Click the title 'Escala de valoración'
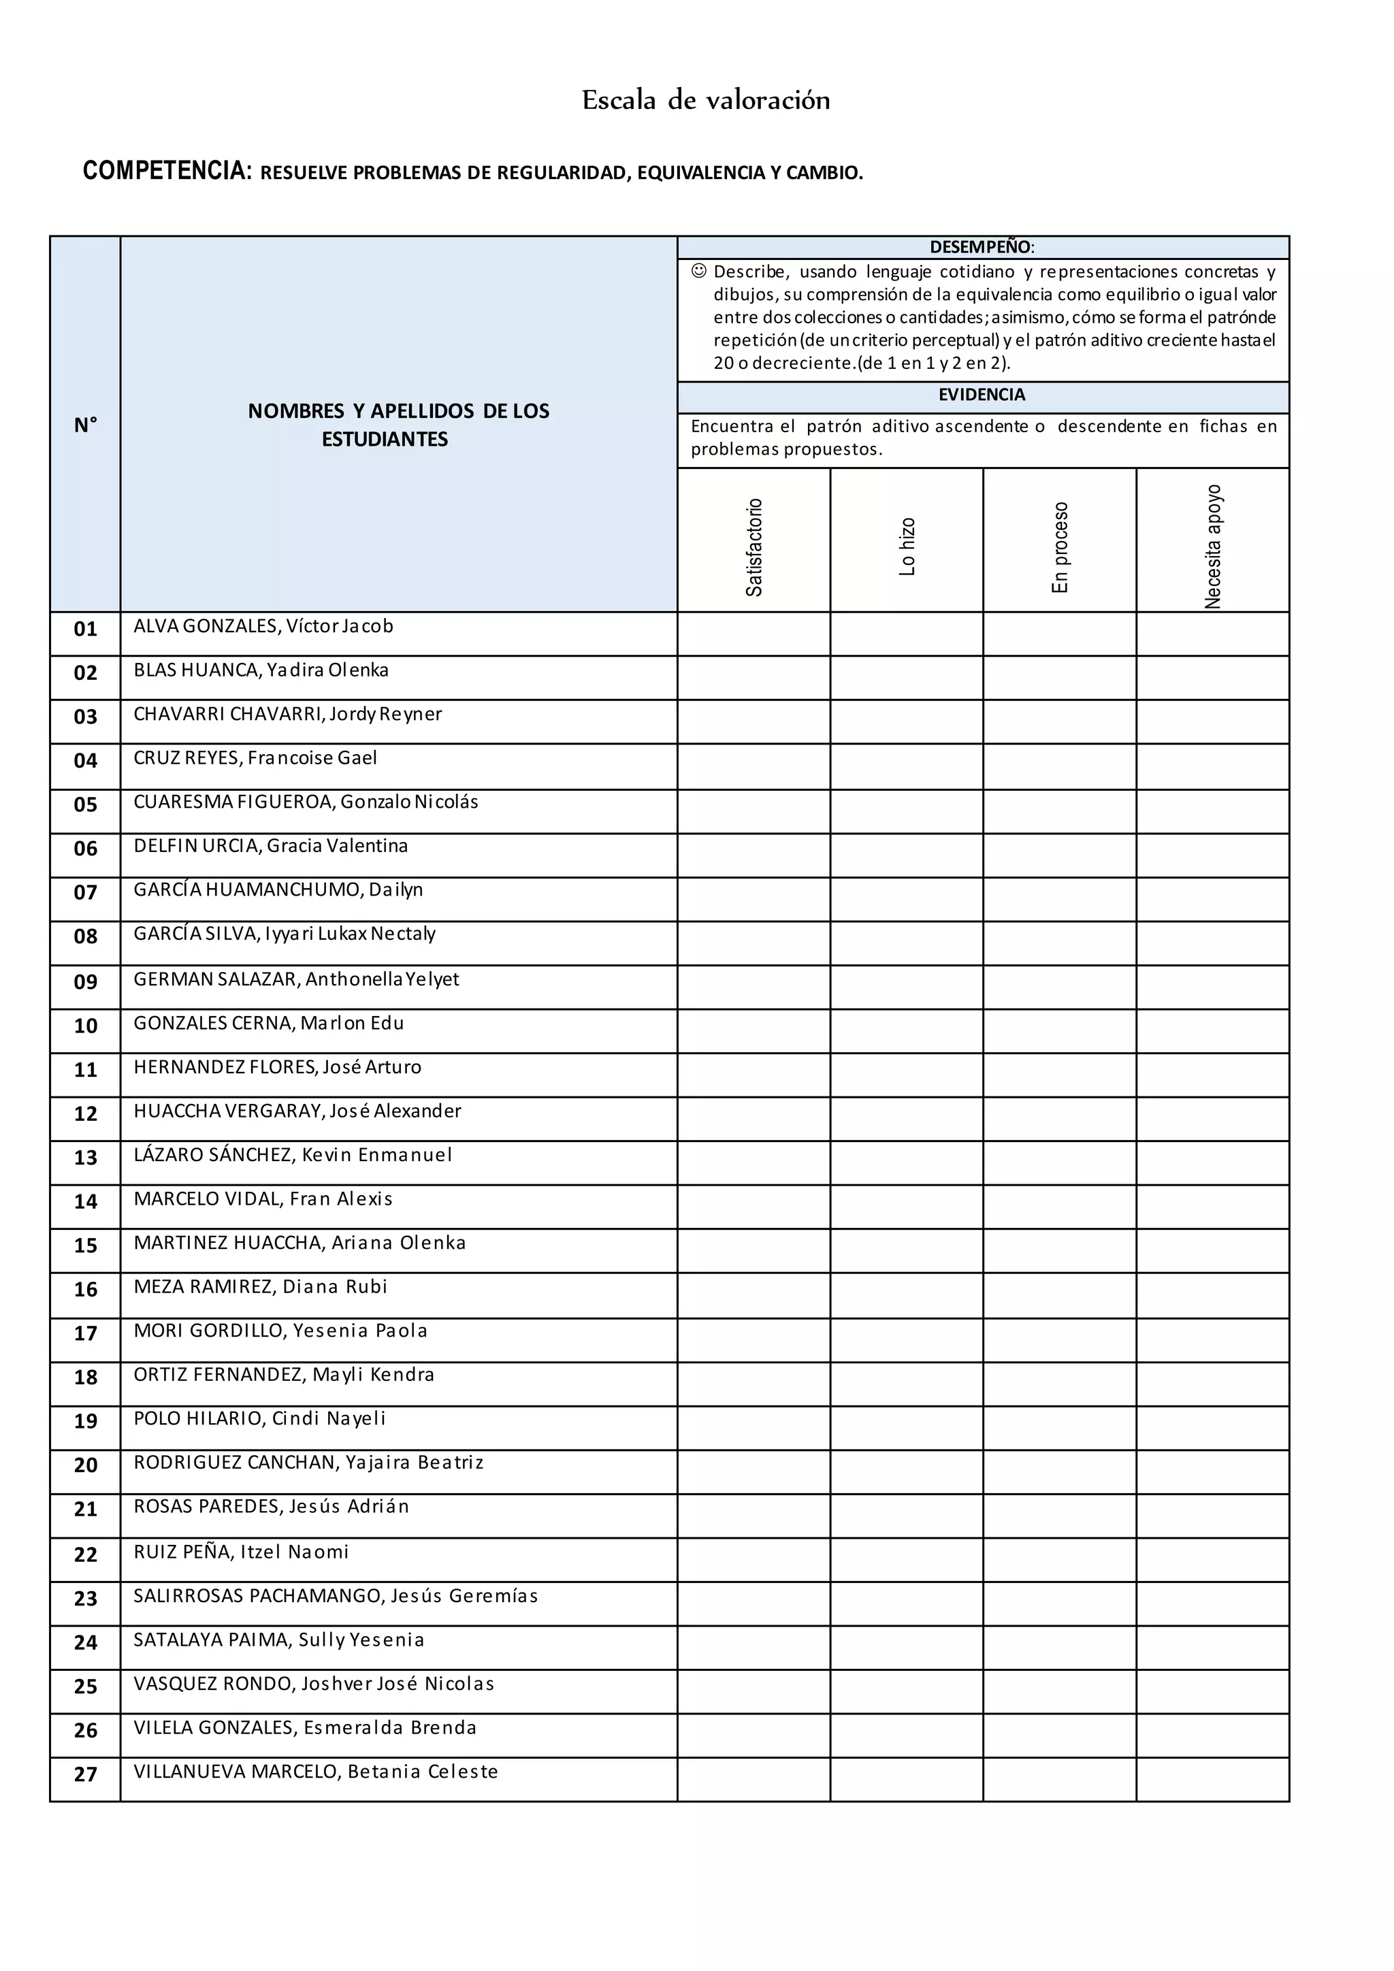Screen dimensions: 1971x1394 (x=706, y=101)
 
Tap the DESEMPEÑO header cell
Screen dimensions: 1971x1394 (x=982, y=247)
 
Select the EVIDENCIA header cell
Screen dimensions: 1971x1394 (x=982, y=395)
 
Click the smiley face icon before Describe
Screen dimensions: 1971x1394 (x=699, y=272)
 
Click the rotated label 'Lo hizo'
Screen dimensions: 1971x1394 (x=907, y=547)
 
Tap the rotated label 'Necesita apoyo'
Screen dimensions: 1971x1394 (x=1213, y=547)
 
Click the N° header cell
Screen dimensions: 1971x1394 (x=85, y=425)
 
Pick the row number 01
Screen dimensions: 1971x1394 (x=85, y=630)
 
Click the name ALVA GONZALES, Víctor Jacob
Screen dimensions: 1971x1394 (x=263, y=627)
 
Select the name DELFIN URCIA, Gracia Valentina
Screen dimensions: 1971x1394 (x=270, y=847)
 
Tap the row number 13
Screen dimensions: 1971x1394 (x=85, y=1158)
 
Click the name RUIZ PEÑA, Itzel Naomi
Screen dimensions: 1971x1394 (x=241, y=1552)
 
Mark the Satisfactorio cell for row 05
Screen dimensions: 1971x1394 (x=753, y=811)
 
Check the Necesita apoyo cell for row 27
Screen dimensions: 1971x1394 (x=1213, y=1780)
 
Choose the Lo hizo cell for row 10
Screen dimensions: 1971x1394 (x=907, y=1031)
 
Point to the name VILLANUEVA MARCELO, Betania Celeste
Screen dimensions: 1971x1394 (x=316, y=1772)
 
